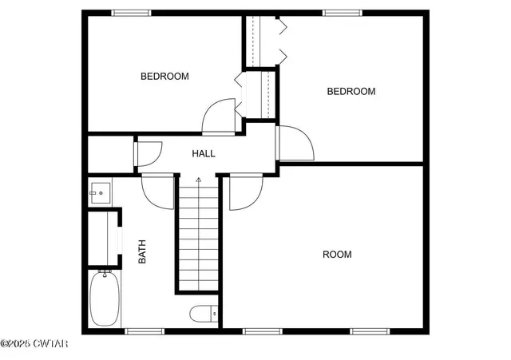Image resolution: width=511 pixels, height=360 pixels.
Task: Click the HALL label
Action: (204, 153)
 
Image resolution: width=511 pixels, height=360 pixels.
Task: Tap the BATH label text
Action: (143, 253)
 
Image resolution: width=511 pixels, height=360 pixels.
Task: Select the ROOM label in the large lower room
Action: (336, 255)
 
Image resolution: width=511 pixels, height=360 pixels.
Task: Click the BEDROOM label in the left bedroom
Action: (164, 77)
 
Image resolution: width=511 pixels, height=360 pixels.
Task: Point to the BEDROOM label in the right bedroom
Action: (351, 92)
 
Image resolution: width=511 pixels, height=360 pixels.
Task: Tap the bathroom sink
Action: (100, 192)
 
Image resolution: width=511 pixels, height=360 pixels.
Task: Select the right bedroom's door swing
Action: (295, 142)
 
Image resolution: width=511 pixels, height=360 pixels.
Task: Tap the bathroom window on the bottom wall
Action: (145, 330)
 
